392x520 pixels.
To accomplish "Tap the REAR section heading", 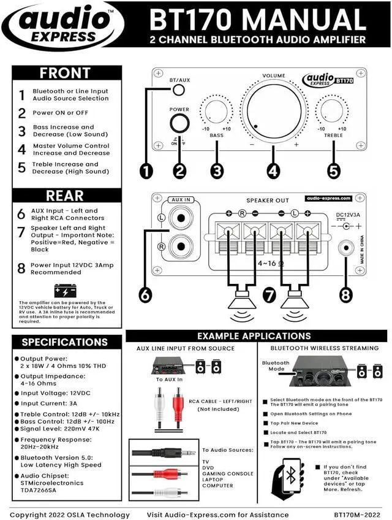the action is (66, 196).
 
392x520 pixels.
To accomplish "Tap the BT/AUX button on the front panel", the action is (178, 90).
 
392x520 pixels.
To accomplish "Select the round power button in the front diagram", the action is (179, 122).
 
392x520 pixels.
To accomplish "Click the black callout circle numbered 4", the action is (274, 171).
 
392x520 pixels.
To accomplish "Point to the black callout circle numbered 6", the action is (145, 294).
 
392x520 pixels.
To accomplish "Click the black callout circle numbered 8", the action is (346, 294).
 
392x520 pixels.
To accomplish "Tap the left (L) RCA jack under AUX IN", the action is (180, 218).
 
